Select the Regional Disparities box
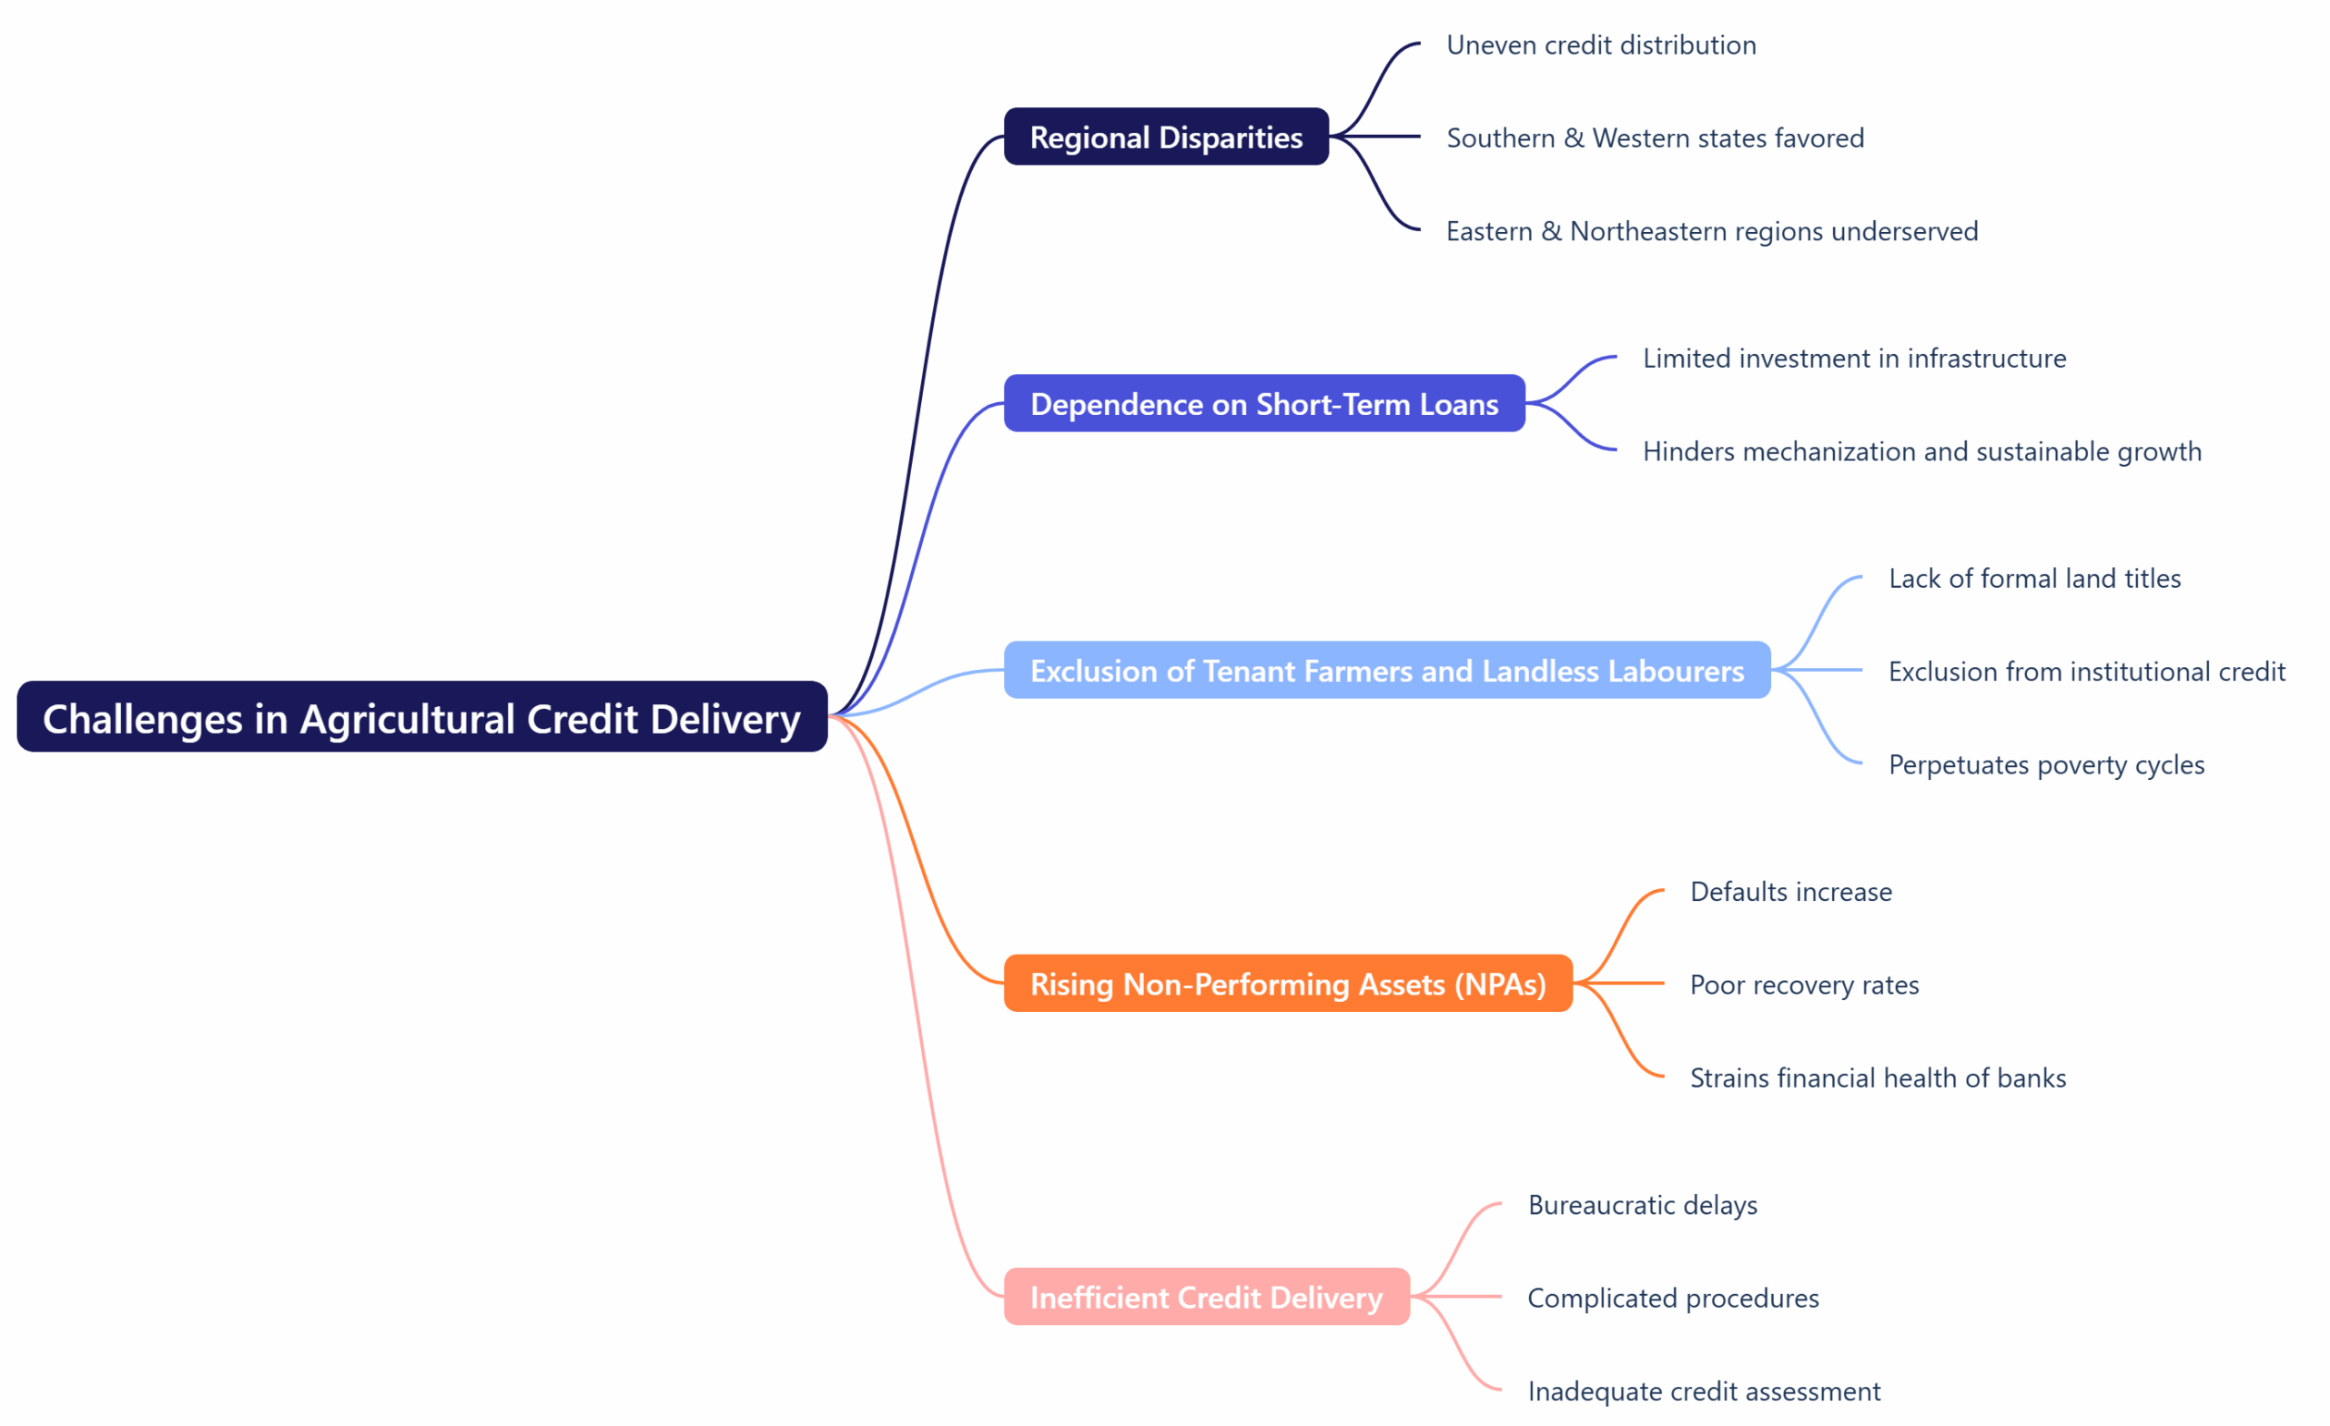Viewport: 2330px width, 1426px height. click(x=1166, y=137)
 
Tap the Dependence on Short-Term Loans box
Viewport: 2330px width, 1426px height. click(x=1264, y=404)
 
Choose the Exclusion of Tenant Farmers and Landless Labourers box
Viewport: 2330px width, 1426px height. click(x=1387, y=671)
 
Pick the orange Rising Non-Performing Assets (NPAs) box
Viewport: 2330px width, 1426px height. click(x=1288, y=984)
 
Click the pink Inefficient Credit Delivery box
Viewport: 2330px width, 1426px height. click(x=1207, y=1297)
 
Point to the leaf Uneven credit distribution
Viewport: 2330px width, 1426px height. click(x=1601, y=45)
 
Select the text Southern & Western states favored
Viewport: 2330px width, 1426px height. click(x=1655, y=138)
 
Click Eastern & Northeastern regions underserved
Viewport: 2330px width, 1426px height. click(x=1712, y=231)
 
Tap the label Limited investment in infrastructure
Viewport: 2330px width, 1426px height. click(x=1854, y=359)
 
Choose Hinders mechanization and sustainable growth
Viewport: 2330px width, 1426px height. click(x=1921, y=451)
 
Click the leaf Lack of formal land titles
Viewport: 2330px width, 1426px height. click(x=2034, y=578)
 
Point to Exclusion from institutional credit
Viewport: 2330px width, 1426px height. click(x=2086, y=672)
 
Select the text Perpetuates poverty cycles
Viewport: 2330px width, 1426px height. click(x=2046, y=764)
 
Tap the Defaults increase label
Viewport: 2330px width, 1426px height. click(x=1791, y=892)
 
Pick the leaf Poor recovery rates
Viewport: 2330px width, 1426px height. click(x=1804, y=985)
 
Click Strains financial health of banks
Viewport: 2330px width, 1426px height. click(x=1878, y=1078)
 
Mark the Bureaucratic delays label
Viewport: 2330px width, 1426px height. click(x=1643, y=1205)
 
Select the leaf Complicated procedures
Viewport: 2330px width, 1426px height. click(x=1673, y=1298)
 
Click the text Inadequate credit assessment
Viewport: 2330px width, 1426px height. click(x=1704, y=1391)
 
